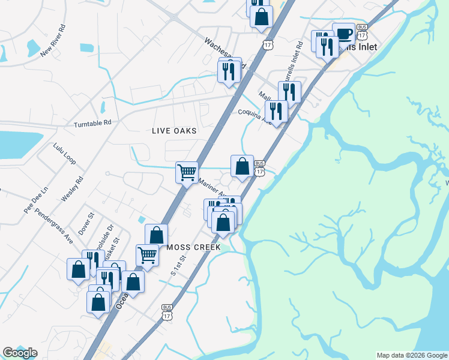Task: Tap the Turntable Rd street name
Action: tap(92, 124)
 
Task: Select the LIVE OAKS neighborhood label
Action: tap(174, 131)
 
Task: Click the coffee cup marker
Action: tap(344, 34)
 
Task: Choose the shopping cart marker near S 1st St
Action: tap(147, 254)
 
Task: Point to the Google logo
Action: tap(20, 353)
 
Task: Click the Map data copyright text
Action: tap(411, 355)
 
